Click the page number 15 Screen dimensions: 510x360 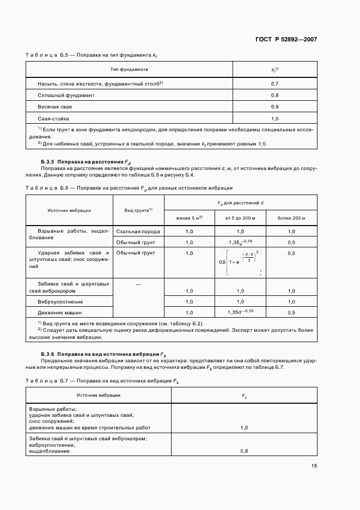point(314,465)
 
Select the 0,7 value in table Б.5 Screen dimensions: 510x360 point(274,84)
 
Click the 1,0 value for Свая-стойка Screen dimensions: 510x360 point(274,118)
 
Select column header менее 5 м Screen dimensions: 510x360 point(190,218)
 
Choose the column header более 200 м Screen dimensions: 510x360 point(291,218)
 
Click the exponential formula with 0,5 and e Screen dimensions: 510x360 point(240,262)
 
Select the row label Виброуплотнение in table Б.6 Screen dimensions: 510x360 point(60,301)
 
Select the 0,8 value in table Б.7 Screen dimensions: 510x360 point(243,451)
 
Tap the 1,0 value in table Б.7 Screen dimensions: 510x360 point(243,428)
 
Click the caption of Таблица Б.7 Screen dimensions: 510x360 point(102,381)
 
